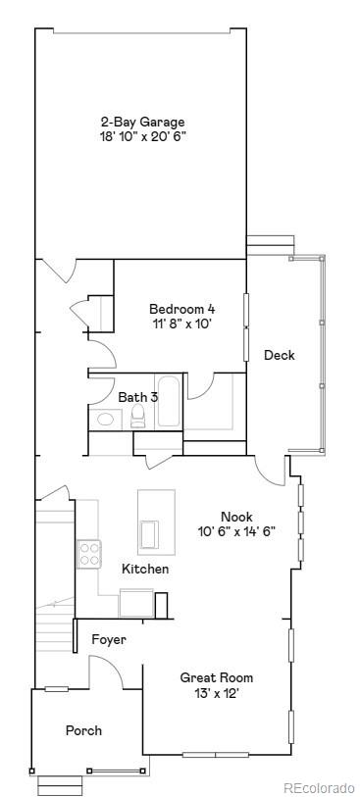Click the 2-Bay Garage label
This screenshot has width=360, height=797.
coord(142,122)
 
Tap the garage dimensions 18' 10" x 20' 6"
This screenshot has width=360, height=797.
coord(142,136)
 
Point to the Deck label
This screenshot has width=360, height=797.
coord(279,355)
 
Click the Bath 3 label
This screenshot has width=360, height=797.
coord(138,397)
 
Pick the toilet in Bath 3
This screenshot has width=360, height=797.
coord(138,418)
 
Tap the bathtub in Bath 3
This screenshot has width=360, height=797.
coord(168,402)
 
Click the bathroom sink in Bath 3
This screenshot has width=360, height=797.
coord(104,419)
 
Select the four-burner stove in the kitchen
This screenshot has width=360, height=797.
coord(90,554)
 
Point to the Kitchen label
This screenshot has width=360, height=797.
coord(145,569)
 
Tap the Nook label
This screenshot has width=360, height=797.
coord(236,517)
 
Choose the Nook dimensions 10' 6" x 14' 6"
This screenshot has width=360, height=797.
coord(236,531)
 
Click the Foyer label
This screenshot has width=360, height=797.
coord(109,639)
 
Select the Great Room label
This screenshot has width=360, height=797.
coord(217,677)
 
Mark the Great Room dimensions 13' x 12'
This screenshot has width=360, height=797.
coord(217,693)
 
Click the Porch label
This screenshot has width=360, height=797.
coord(83,730)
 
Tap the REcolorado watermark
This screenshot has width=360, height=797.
coord(319,787)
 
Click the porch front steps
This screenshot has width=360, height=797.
coord(61,784)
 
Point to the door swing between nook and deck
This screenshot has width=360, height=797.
coord(268,469)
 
